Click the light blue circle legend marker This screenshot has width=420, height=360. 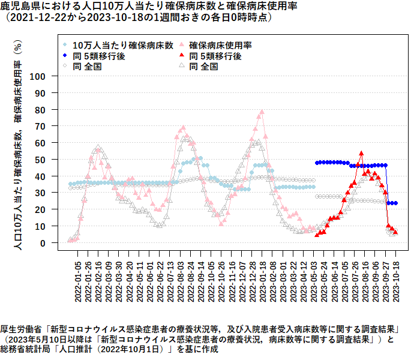65,45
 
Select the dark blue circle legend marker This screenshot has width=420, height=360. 65,56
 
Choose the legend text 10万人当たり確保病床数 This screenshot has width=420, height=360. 123,45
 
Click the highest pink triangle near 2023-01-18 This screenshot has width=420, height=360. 262,112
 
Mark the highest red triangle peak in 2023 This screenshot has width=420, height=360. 361,154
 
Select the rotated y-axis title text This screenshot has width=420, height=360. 18,144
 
